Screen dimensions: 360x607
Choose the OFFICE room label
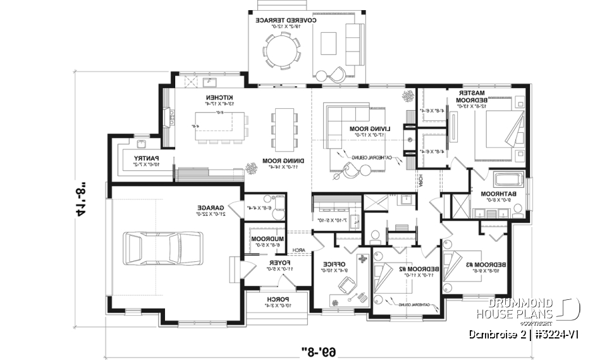pyautogui.click(x=333, y=263)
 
